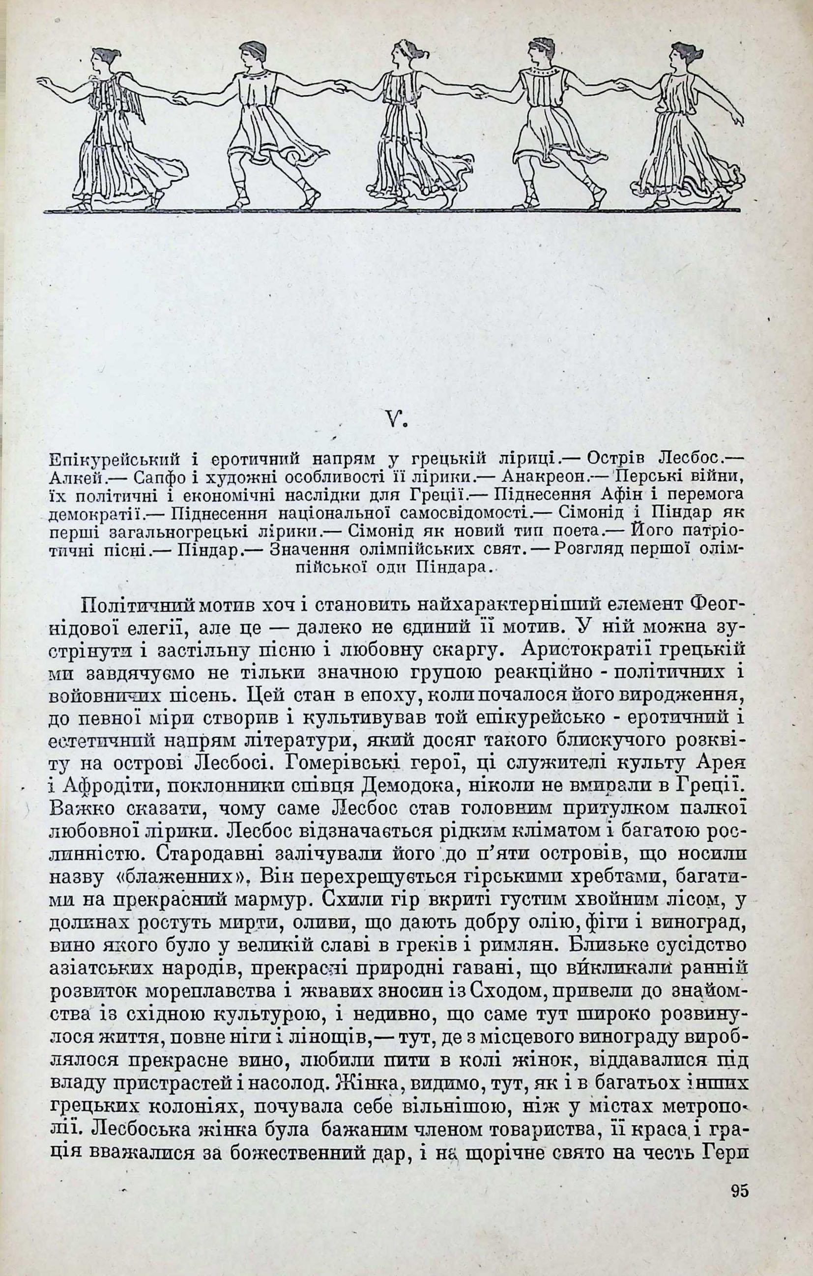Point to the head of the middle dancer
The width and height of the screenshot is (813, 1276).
pyautogui.click(x=402, y=53)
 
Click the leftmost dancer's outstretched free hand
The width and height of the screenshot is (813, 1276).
pyautogui.click(x=43, y=82)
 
